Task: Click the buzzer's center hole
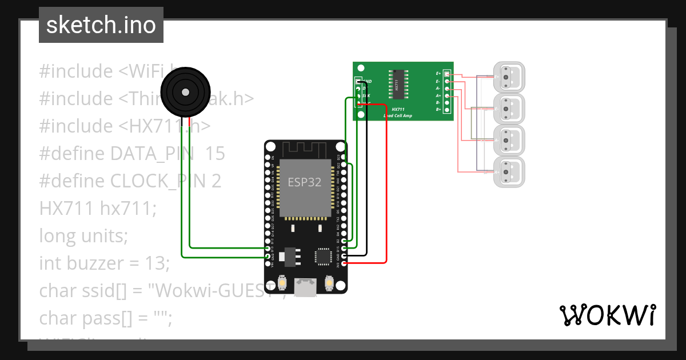click(184, 92)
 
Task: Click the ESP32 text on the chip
click(304, 183)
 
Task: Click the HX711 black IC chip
click(397, 84)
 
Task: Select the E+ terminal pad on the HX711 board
click(447, 74)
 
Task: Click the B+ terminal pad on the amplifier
click(447, 109)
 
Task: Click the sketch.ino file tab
click(101, 25)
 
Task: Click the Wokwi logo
click(607, 315)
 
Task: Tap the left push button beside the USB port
click(282, 282)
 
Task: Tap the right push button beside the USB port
click(329, 282)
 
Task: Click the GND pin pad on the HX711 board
click(359, 82)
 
